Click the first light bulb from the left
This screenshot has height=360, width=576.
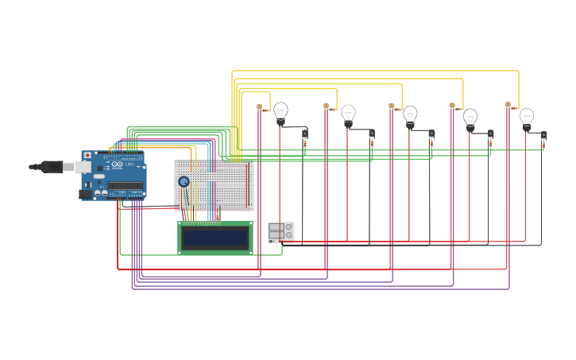(280, 114)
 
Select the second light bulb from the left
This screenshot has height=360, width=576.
(348, 116)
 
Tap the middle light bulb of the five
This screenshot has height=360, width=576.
(410, 117)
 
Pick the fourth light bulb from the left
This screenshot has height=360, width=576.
(470, 118)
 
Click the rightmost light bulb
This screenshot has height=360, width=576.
(527, 118)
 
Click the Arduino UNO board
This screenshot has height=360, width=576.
(114, 176)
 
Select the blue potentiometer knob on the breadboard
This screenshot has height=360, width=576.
(184, 182)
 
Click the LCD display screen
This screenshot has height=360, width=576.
(215, 238)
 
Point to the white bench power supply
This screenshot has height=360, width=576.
(280, 232)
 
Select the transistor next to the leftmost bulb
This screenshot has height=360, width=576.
(304, 135)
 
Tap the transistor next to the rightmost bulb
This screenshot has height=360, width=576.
(543, 137)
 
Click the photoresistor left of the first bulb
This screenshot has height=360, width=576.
(260, 107)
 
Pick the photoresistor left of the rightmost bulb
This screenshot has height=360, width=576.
(508, 105)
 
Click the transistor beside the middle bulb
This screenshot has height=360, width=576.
(431, 135)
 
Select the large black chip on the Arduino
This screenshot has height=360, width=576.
(126, 187)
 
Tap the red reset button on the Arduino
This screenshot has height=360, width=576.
(87, 157)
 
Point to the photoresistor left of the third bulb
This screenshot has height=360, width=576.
(392, 106)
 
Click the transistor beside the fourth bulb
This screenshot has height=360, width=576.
(490, 135)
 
